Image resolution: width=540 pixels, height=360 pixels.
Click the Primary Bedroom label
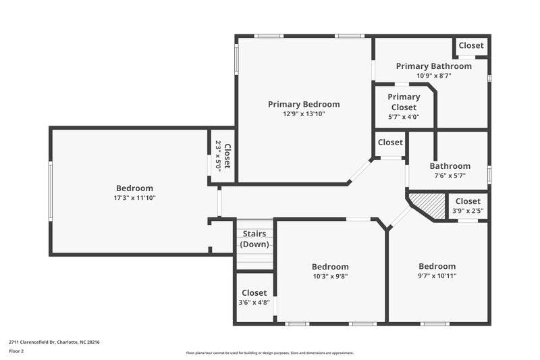[304, 104]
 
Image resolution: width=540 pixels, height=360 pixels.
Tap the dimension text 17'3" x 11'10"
[134, 198]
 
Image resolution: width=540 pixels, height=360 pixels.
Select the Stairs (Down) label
[255, 238]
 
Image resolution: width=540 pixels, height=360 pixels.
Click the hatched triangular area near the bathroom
[427, 203]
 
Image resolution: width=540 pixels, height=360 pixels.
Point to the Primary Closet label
[404, 102]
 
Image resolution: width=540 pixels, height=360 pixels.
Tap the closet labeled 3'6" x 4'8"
[254, 298]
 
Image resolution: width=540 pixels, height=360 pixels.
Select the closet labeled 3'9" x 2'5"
[468, 205]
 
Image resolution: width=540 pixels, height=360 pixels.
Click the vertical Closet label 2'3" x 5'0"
[223, 156]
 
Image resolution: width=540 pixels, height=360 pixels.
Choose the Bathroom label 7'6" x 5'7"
[450, 170]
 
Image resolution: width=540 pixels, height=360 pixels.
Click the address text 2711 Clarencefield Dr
[54, 342]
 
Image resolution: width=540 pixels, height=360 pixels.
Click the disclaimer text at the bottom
[269, 353]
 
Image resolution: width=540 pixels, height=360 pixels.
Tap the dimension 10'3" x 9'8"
[330, 276]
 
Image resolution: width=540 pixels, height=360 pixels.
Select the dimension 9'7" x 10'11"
[437, 276]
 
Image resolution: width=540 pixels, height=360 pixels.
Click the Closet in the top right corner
[470, 46]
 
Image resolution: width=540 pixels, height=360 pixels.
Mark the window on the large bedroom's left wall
[50, 190]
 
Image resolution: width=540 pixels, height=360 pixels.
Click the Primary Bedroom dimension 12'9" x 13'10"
[304, 114]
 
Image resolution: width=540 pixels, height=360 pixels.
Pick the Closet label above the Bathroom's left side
[390, 143]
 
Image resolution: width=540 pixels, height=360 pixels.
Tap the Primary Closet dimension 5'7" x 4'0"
[404, 116]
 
